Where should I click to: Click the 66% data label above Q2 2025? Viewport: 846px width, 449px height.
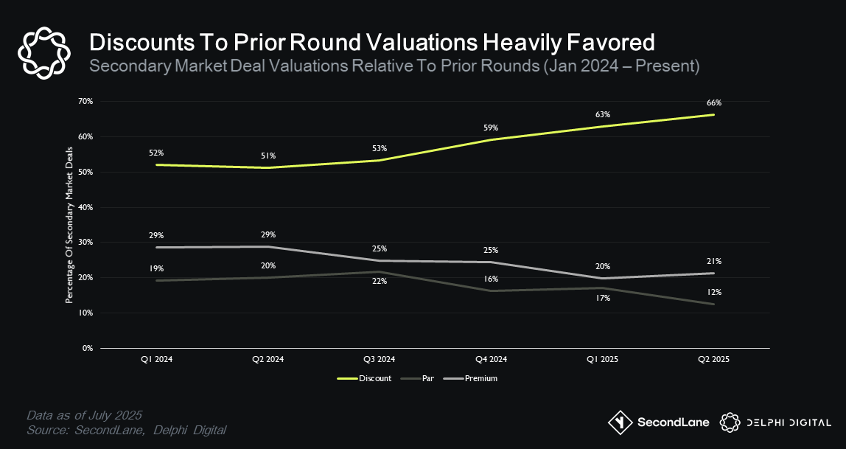coord(713,103)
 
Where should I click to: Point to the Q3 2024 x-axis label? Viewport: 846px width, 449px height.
coord(379,359)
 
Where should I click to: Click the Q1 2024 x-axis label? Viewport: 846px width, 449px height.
coord(155,359)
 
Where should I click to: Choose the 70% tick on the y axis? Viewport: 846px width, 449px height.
coord(85,101)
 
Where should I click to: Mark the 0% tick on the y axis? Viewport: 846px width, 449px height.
coord(87,348)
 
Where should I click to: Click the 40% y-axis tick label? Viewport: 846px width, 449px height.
coord(85,207)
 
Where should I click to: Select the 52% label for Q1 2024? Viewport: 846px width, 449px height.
coord(155,153)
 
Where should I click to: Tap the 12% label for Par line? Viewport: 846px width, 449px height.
coord(713,292)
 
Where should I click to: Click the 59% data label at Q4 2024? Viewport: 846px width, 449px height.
coord(490,128)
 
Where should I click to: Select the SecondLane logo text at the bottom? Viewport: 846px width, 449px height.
coord(673,422)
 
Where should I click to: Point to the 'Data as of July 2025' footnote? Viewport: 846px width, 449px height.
coord(84,414)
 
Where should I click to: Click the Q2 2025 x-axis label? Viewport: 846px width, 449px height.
coord(713,359)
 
